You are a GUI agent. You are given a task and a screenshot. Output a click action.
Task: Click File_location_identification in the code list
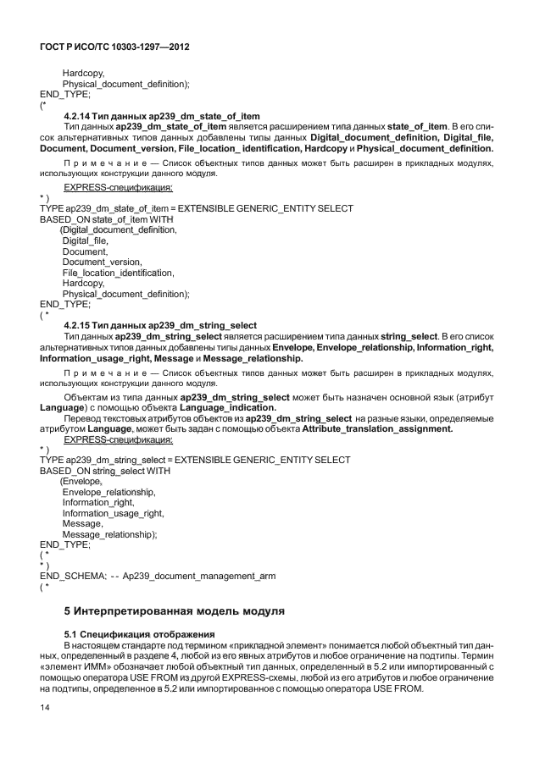click(118, 273)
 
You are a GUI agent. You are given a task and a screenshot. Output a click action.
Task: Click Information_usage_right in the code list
click(113, 513)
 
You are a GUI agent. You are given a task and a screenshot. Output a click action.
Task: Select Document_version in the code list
click(102, 262)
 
